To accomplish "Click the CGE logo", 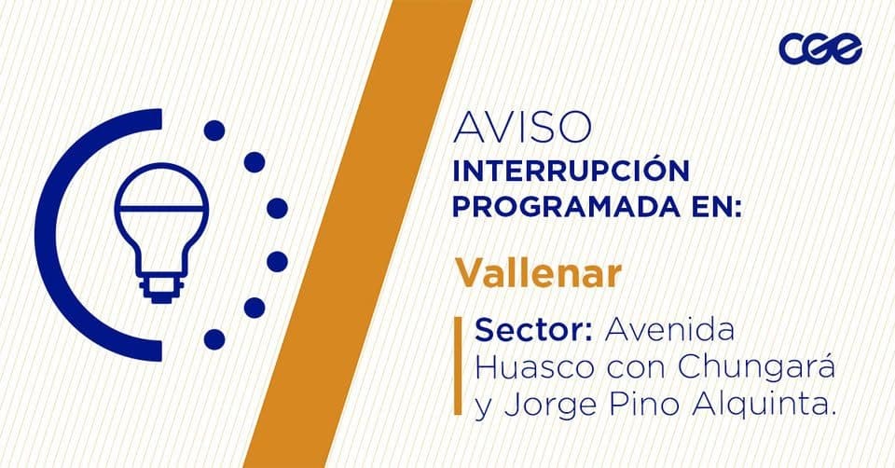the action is pyautogui.click(x=820, y=48).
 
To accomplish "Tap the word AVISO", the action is pyautogui.click(x=522, y=128).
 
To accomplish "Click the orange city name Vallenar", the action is pyautogui.click(x=538, y=273).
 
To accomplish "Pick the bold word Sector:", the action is pyautogui.click(x=533, y=330).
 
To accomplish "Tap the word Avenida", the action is pyautogui.click(x=669, y=330).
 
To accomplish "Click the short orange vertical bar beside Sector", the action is pyautogui.click(x=458, y=365).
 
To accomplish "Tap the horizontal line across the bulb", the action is pyautogui.click(x=161, y=208).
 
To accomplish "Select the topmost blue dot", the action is pyautogui.click(x=214, y=131).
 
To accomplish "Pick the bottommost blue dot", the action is pyautogui.click(x=214, y=339).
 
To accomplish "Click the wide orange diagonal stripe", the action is pyautogui.click(x=358, y=234).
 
